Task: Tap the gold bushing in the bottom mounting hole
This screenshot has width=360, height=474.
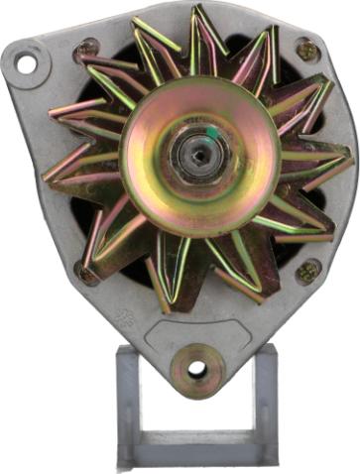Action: [196, 369]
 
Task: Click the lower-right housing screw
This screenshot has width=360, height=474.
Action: [307, 270]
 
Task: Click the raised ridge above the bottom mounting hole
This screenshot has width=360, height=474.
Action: [196, 335]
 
